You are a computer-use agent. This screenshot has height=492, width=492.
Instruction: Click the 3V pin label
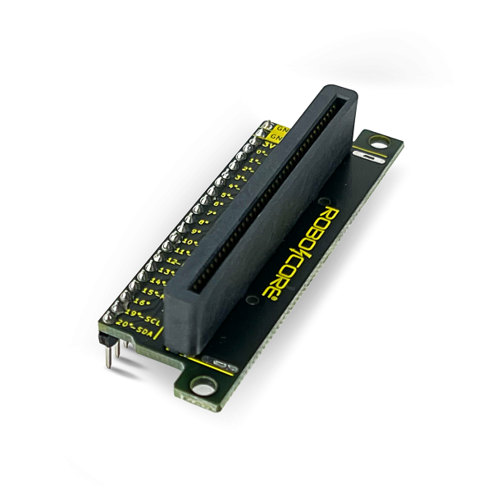279,143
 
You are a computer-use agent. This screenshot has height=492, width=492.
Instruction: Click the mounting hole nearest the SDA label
199,383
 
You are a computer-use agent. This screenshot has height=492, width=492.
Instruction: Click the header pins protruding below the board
112,353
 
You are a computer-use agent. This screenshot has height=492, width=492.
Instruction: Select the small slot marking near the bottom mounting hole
217,361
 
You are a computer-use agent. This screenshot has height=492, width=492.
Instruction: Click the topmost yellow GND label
281,129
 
